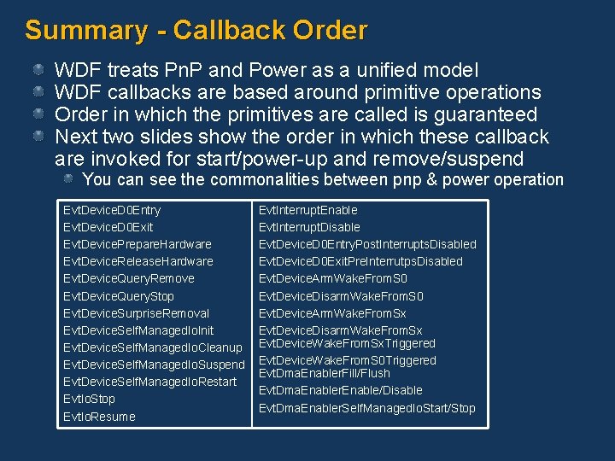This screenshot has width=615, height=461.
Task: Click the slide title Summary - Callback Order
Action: pyautogui.click(x=196, y=31)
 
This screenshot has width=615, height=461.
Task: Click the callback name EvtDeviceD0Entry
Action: pyautogui.click(x=112, y=210)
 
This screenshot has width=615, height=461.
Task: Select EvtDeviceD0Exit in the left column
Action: pyautogui.click(x=108, y=227)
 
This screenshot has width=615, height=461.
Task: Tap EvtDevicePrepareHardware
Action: pyautogui.click(x=138, y=244)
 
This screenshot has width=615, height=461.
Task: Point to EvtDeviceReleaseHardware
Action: pyautogui.click(x=138, y=261)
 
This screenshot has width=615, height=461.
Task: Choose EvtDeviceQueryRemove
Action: pyautogui.click(x=129, y=278)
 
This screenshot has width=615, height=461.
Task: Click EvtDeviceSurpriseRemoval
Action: pyautogui.click(x=136, y=313)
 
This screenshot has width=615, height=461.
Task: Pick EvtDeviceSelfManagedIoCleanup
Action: pyautogui.click(x=153, y=347)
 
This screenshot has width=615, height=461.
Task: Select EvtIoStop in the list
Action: pyautogui.click(x=89, y=399)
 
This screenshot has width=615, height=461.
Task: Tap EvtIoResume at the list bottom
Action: pyautogui.click(x=99, y=417)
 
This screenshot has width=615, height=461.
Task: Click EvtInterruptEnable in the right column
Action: pyautogui.click(x=307, y=210)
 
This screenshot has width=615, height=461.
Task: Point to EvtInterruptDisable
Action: pyautogui.click(x=309, y=227)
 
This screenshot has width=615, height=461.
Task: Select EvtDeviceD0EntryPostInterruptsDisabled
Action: pyautogui.click(x=367, y=244)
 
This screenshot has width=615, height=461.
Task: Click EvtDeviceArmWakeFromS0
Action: pyautogui.click(x=333, y=278)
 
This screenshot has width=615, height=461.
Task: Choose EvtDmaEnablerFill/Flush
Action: pyautogui.click(x=324, y=373)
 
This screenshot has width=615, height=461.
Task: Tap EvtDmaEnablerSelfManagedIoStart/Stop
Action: pyautogui.click(x=366, y=408)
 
